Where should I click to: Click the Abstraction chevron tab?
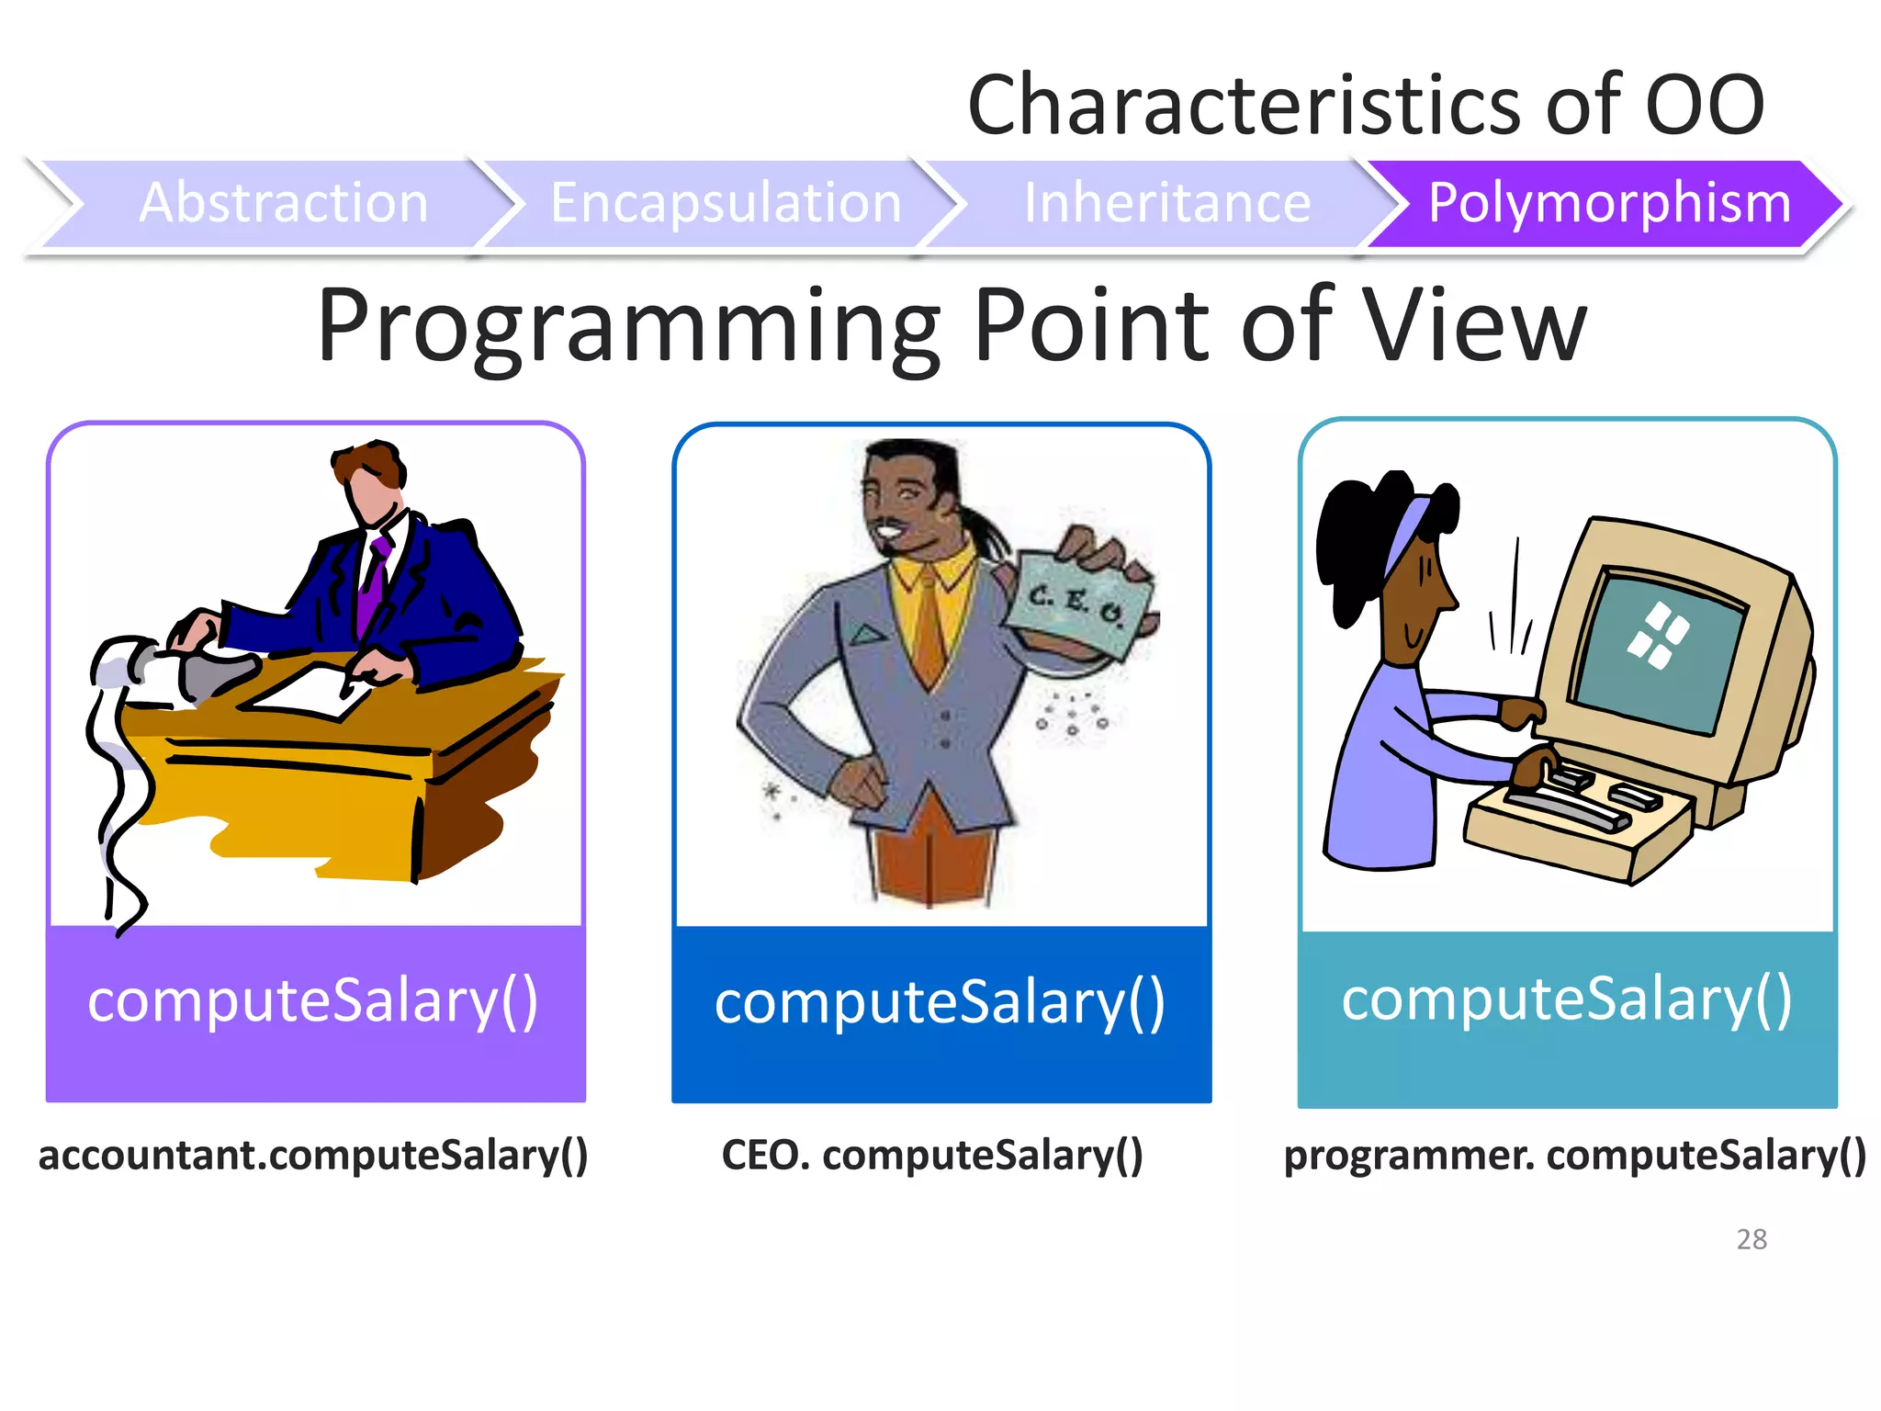(x=284, y=203)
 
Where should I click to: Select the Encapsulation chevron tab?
(x=726, y=203)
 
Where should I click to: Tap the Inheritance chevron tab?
(x=1166, y=203)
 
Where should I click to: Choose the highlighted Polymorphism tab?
(x=1609, y=203)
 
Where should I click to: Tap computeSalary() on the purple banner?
(x=313, y=1001)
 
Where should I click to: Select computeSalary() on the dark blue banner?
(x=940, y=1003)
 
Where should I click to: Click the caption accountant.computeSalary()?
(x=313, y=1155)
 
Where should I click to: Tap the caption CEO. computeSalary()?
(x=932, y=1155)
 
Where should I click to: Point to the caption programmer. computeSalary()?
(x=1574, y=1155)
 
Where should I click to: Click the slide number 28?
(x=1751, y=1239)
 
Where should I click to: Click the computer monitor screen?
(x=1658, y=648)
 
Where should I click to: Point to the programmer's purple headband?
(x=1404, y=537)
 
